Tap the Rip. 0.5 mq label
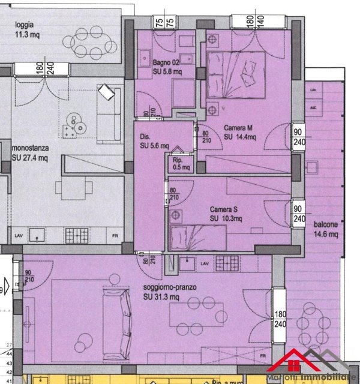181,164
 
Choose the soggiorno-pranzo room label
170,292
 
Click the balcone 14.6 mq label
326,230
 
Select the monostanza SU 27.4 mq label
29,154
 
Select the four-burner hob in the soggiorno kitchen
227,262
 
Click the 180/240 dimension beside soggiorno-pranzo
280,319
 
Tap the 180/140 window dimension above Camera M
255,20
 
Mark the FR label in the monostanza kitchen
115,236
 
